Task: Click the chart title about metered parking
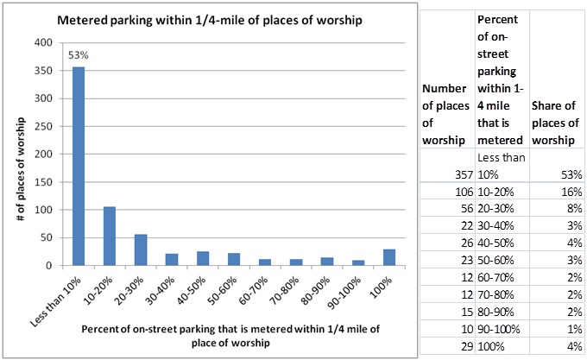pyautogui.click(x=209, y=19)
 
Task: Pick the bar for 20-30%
pyautogui.click(x=140, y=249)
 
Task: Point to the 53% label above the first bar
pyautogui.click(x=79, y=56)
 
